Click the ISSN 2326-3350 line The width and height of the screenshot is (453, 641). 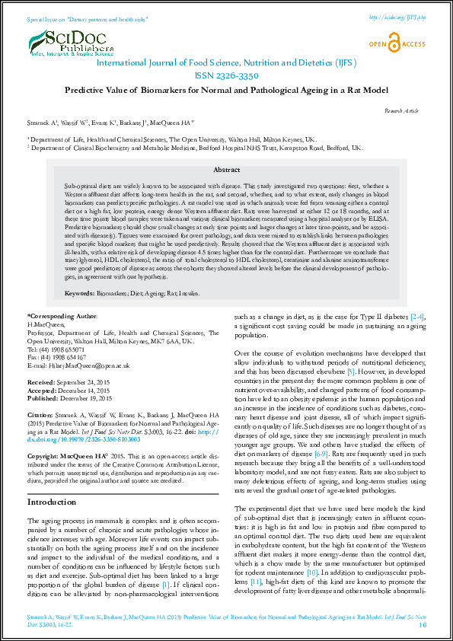pyautogui.click(x=226, y=76)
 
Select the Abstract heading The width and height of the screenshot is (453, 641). pyautogui.click(x=226, y=170)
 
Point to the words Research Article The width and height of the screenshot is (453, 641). pyautogui.click(x=401, y=111)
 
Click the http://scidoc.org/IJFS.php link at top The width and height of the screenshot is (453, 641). pyautogui.click(x=395, y=16)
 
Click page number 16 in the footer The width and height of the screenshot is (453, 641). pyautogui.click(x=423, y=624)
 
